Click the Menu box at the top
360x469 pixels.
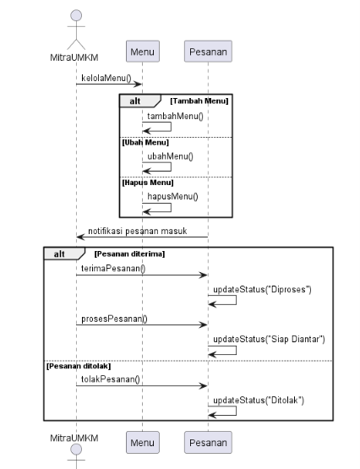(x=143, y=52)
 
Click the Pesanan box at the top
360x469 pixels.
(x=208, y=52)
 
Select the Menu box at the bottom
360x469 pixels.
(x=143, y=442)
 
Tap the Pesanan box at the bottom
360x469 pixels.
(x=208, y=442)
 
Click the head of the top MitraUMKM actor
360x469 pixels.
(x=76, y=15)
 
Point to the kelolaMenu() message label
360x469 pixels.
(x=106, y=78)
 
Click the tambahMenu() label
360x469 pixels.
(x=175, y=116)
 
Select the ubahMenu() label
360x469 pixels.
(x=170, y=156)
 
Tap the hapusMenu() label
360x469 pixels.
(x=172, y=197)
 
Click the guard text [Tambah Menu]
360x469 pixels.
(x=199, y=101)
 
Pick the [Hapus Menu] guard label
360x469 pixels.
(x=148, y=183)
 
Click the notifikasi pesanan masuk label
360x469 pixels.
(x=138, y=231)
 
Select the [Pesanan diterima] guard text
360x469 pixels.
(x=129, y=254)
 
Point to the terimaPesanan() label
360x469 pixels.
(x=113, y=268)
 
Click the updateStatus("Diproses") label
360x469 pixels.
(x=262, y=289)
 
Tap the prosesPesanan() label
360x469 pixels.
(x=114, y=319)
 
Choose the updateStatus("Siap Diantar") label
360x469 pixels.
(x=269, y=339)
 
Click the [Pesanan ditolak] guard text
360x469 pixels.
(x=79, y=366)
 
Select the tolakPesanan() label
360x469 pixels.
(x=111, y=379)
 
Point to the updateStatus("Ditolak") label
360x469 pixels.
(x=259, y=401)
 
